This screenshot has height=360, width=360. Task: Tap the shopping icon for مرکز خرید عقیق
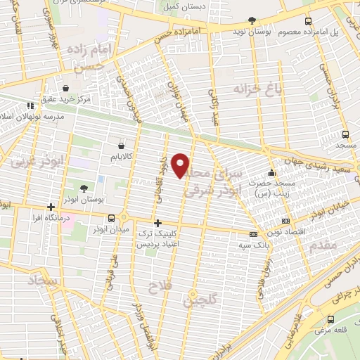(65, 89)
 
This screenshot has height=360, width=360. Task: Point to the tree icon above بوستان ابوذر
(84, 188)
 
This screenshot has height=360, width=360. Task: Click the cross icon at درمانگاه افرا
(51, 207)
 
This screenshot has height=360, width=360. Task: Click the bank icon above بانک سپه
(254, 233)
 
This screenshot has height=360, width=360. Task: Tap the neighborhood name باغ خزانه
(254, 89)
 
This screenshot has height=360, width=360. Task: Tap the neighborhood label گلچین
(198, 300)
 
